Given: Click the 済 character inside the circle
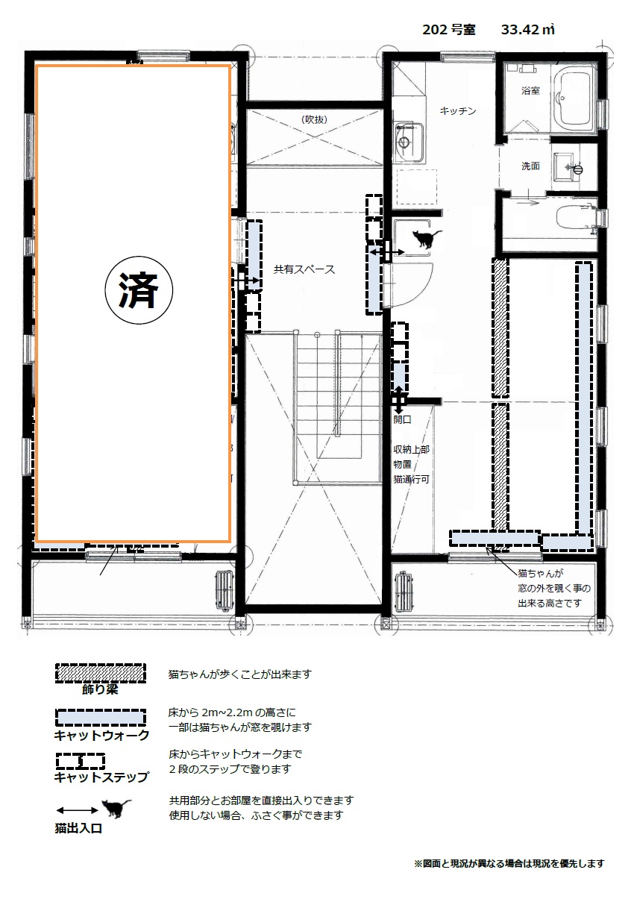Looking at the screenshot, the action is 139,290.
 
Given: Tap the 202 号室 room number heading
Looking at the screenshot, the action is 449,30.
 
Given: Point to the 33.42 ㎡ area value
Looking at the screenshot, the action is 528,30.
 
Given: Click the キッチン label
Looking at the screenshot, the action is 458,110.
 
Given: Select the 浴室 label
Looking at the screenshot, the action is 530,90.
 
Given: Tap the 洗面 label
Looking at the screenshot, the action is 530,166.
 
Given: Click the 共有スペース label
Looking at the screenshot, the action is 304,269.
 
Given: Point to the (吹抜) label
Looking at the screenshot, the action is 314,119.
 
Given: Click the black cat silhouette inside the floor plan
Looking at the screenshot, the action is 427,239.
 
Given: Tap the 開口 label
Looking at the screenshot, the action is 402,419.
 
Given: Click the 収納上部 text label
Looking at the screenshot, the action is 412,449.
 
